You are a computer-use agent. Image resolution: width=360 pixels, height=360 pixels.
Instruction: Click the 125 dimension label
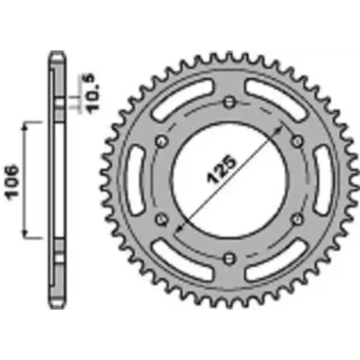coord(221,170)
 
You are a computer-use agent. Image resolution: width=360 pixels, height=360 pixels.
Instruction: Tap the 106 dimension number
coord(12,182)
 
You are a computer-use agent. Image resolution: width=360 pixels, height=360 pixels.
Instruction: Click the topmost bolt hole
coord(229,102)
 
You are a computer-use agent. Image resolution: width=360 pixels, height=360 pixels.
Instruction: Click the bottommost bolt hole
coord(229,259)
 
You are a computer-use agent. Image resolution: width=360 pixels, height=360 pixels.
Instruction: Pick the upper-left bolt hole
coord(162,141)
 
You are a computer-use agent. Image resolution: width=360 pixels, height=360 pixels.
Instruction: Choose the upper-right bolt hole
coord(297,141)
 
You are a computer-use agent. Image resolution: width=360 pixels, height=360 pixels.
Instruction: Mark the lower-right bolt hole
coord(297,219)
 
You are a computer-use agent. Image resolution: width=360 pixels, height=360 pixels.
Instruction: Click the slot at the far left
coord(135,180)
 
